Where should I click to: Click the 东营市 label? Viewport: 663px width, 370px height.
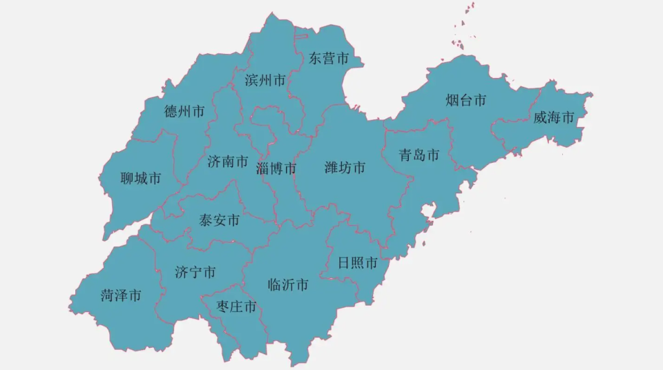click(x=329, y=59)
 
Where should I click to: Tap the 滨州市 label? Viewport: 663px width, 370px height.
click(x=265, y=81)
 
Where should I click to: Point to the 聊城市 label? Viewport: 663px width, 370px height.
click(x=140, y=179)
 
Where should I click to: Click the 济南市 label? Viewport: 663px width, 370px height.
click(x=227, y=162)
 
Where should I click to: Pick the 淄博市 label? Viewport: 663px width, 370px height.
click(x=276, y=168)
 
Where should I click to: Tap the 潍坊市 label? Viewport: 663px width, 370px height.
click(x=345, y=168)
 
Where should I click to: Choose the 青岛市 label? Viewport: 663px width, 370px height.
click(x=419, y=155)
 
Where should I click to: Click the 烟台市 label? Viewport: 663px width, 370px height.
click(x=465, y=101)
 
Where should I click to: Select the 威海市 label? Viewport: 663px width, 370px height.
click(x=554, y=118)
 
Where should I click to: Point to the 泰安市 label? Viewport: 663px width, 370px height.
click(x=219, y=221)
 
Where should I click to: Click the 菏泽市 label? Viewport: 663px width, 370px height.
click(x=121, y=295)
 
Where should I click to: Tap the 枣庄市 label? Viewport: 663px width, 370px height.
click(x=236, y=306)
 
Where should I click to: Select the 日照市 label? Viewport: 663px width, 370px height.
click(x=358, y=263)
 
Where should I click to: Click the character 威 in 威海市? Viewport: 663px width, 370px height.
click(x=541, y=118)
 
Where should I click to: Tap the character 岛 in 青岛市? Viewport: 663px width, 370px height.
click(x=419, y=155)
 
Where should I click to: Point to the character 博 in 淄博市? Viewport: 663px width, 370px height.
click(x=276, y=168)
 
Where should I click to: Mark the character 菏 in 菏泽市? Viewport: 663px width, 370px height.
click(x=108, y=295)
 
